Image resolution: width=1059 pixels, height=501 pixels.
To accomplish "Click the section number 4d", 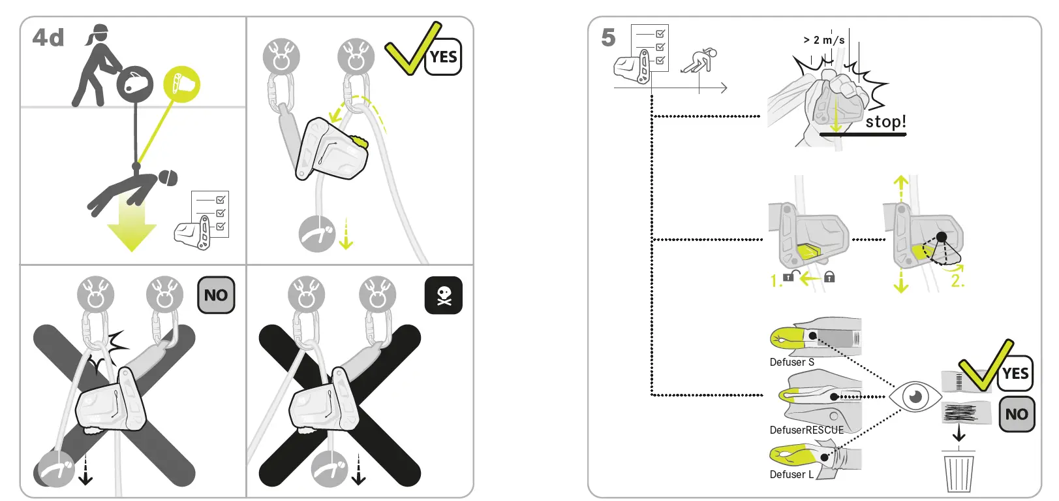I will tap(48, 38).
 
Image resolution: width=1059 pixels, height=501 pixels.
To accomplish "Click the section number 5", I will tap(608, 38).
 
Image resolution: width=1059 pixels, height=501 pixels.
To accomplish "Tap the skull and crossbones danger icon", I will tap(444, 296).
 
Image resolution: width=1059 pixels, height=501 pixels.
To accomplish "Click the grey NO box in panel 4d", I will tap(216, 295).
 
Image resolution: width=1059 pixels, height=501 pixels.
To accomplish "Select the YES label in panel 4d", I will tap(444, 57).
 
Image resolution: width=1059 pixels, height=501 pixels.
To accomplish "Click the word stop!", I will tap(885, 122).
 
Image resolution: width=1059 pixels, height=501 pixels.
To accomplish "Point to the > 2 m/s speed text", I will tap(824, 40).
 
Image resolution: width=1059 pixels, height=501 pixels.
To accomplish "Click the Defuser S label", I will tap(791, 363).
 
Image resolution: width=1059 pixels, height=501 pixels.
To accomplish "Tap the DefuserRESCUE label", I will tap(806, 430).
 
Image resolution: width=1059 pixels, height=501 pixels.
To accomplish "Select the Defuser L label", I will tap(791, 475).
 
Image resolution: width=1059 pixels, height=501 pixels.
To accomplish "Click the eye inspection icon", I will tap(915, 396).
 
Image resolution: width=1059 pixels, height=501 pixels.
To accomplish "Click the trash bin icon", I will tap(959, 472).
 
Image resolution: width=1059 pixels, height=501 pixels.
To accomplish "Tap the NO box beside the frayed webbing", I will tap(1017, 414).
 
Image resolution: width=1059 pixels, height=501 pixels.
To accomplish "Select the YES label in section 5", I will tap(1015, 374).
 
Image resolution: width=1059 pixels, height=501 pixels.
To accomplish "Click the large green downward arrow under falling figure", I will tap(132, 229).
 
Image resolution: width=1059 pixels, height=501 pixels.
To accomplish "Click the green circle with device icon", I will tap(181, 84).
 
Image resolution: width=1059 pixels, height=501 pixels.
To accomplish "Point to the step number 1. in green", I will tap(776, 282).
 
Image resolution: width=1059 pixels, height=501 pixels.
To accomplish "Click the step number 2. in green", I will tap(957, 282).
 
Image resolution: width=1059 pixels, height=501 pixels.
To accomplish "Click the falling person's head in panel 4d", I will tap(168, 178).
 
